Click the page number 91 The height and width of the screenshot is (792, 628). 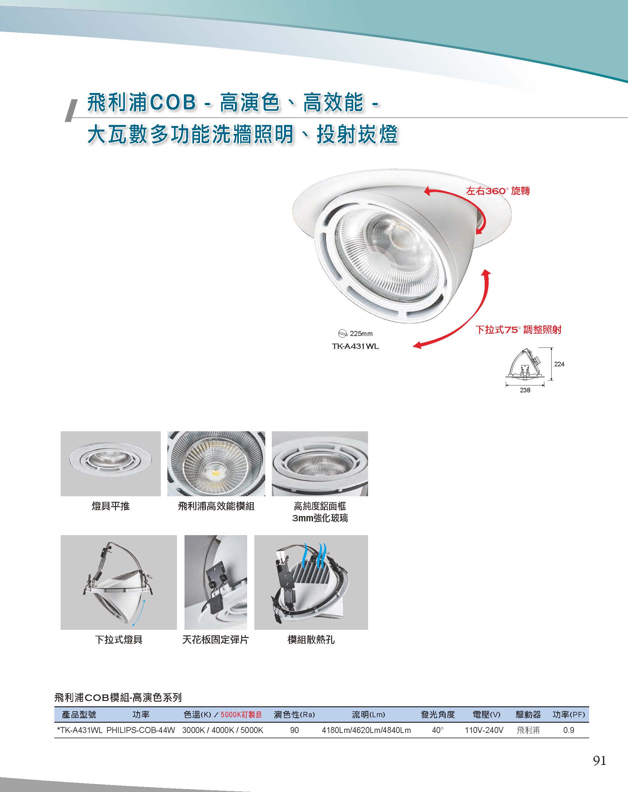(599, 760)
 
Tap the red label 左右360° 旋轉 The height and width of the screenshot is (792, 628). (498, 191)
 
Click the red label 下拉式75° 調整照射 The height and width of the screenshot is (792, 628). (519, 329)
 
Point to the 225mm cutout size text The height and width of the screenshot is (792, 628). (361, 334)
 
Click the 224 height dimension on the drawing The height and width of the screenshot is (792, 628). (559, 364)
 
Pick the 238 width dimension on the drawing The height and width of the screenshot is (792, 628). (525, 390)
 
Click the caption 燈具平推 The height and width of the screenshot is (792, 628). (110, 506)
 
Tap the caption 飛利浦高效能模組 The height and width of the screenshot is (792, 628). (216, 506)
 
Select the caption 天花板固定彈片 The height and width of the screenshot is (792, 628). (215, 640)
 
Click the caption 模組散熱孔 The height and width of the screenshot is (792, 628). (311, 640)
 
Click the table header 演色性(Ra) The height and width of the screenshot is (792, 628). (294, 715)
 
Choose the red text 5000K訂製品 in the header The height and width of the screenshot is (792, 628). (241, 715)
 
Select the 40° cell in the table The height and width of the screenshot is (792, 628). (438, 730)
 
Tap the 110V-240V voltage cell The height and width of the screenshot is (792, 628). (484, 730)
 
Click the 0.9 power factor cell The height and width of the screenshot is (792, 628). (569, 730)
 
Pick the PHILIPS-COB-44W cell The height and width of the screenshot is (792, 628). (141, 730)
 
